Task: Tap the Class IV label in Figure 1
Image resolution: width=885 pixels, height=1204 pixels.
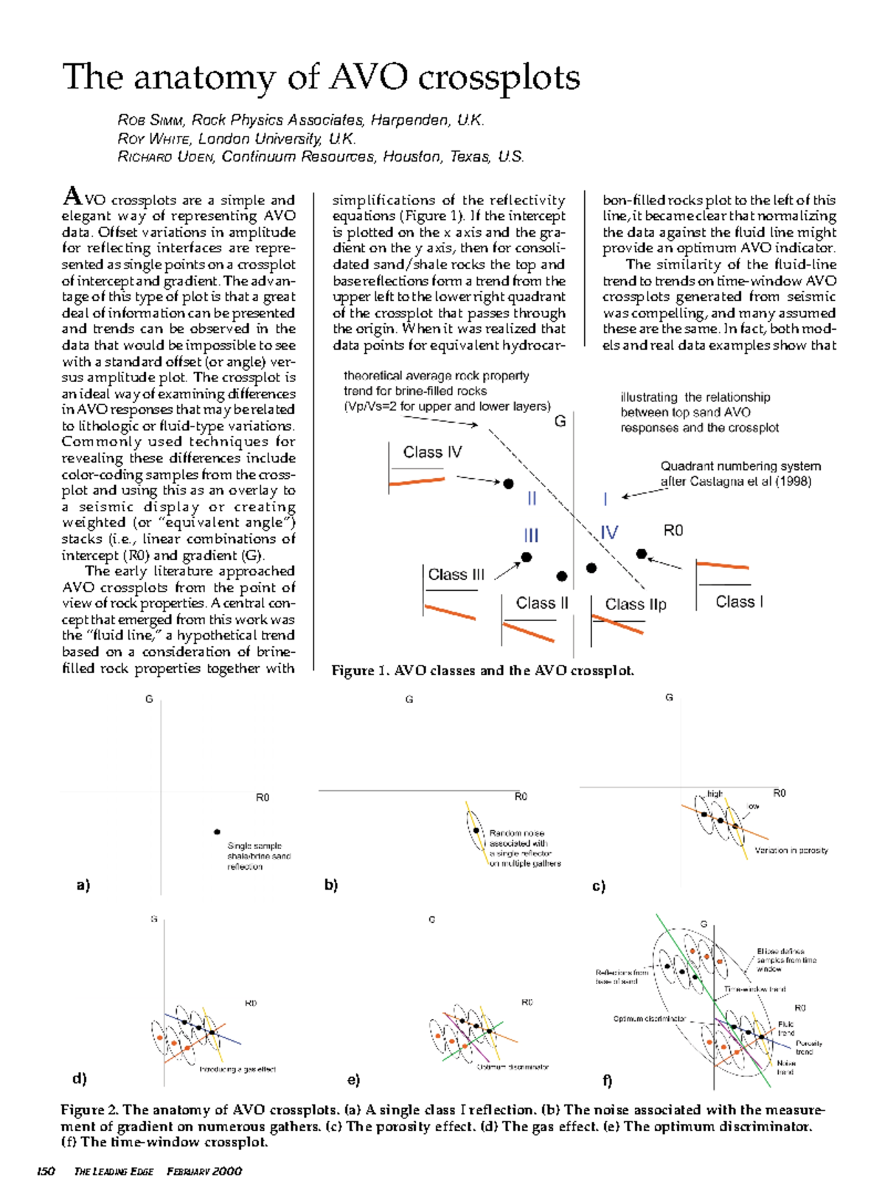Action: tap(432, 452)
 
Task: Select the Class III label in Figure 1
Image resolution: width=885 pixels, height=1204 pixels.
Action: tap(456, 575)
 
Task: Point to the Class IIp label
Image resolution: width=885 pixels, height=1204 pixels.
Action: tap(635, 604)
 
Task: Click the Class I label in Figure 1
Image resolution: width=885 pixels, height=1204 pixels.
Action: tap(738, 602)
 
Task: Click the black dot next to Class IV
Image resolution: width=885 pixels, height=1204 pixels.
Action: tap(508, 484)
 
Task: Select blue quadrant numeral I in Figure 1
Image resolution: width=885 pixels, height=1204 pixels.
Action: tap(605, 499)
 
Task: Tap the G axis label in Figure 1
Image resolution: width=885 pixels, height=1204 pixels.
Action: tap(560, 421)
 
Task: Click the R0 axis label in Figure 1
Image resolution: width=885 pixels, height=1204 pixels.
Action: tap(673, 530)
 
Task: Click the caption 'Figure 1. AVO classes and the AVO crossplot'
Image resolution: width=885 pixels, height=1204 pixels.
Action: tap(482, 671)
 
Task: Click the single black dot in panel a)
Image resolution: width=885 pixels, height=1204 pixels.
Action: tap(217, 831)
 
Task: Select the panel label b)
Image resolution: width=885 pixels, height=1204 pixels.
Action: tap(331, 885)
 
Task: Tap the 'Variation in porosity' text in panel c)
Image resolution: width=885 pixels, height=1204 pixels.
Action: tap(791, 851)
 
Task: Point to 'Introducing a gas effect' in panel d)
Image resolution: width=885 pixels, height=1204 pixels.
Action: tap(237, 1069)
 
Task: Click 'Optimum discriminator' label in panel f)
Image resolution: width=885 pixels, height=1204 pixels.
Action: tap(649, 1019)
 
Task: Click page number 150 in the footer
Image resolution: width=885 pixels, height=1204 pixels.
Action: tap(46, 1172)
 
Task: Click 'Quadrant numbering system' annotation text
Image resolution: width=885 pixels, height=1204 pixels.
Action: tap(740, 466)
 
